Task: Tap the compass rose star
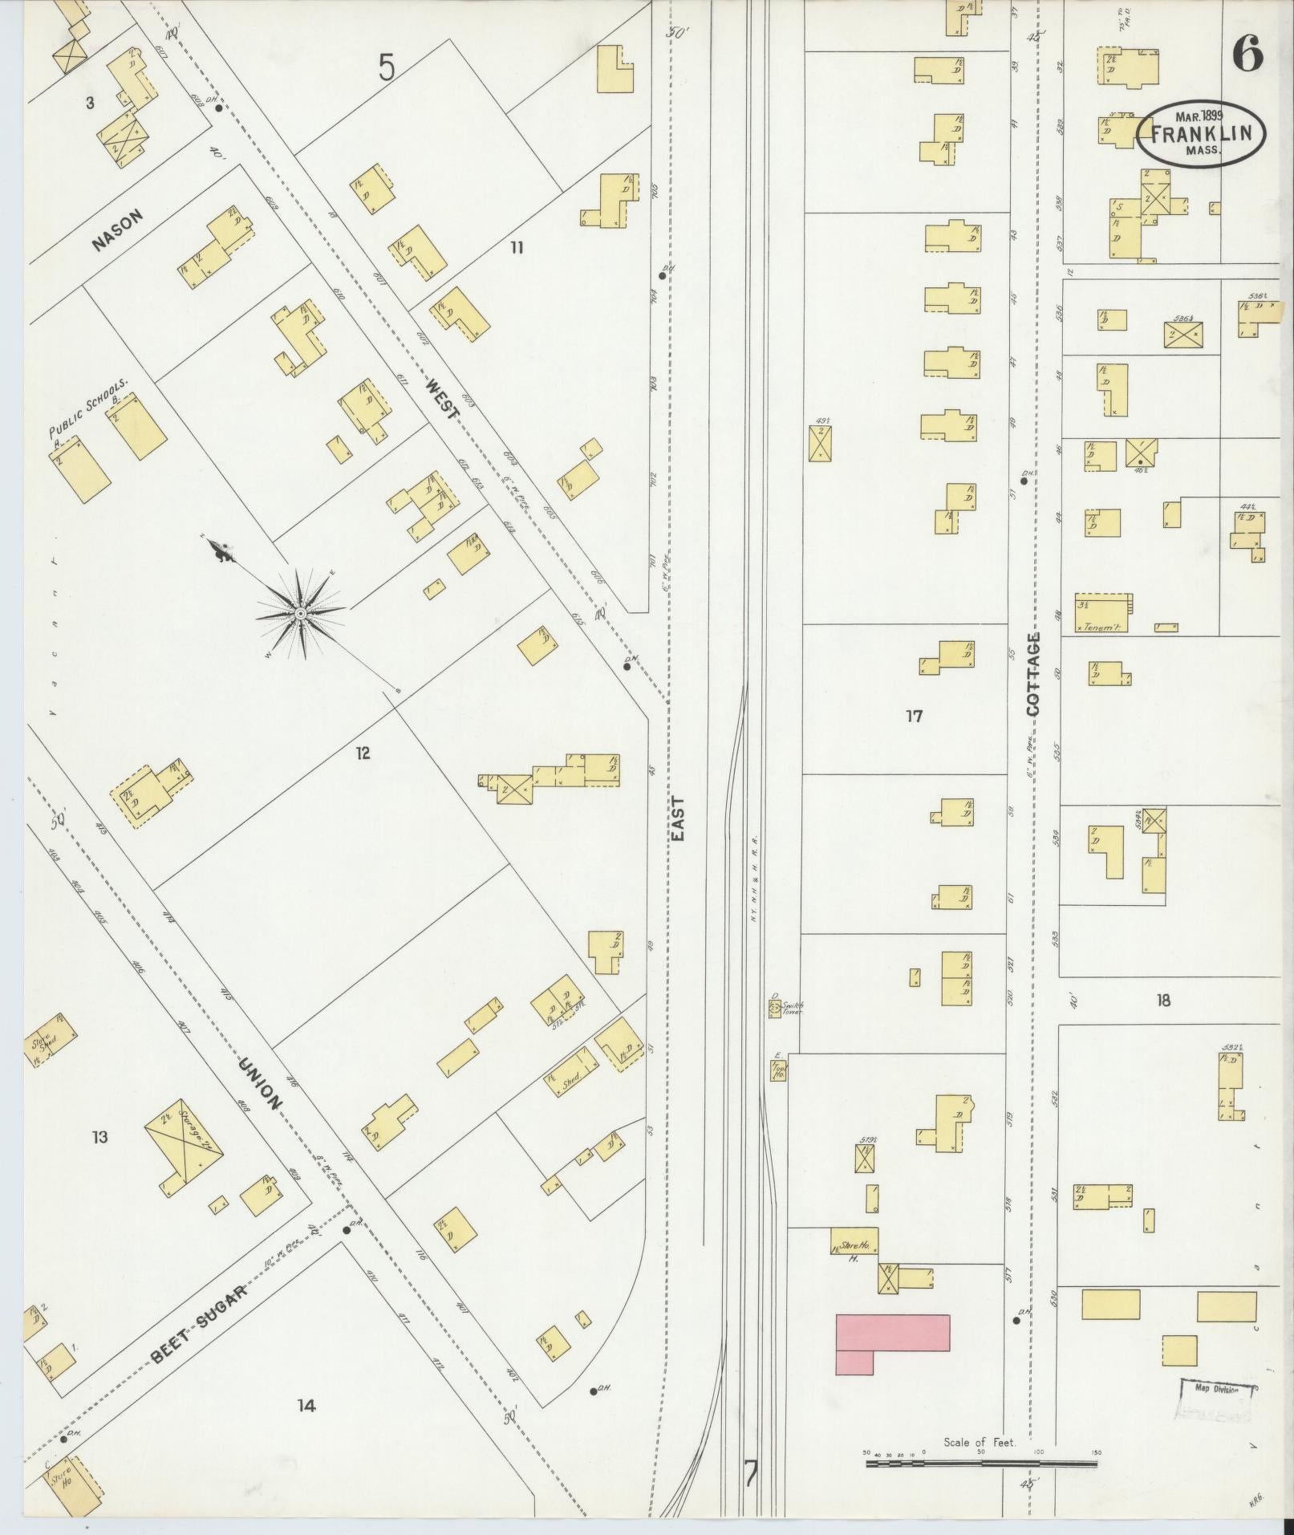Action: [300, 614]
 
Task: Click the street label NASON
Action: [117, 230]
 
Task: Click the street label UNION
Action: [261, 1084]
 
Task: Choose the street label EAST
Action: [678, 818]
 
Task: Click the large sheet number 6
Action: [1247, 54]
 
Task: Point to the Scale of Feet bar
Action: [980, 1463]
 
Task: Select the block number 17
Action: [914, 716]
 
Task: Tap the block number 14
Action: [306, 1405]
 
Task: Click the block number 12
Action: [363, 753]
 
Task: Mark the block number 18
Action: [1163, 1000]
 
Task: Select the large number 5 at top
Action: [387, 69]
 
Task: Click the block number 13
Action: [99, 1137]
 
